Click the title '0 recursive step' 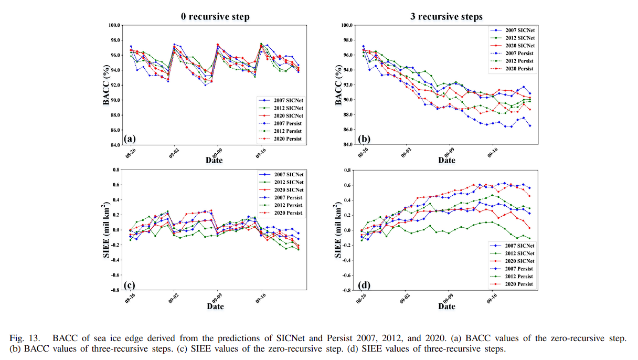point(215,17)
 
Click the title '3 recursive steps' point(446,17)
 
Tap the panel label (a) point(130,139)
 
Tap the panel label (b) point(363,139)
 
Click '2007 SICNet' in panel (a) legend point(285,100)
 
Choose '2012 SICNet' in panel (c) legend point(285,182)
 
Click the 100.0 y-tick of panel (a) point(114,25)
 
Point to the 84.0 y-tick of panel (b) point(346,144)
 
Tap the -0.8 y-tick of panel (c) point(114,290)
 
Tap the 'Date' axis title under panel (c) point(214,306)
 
